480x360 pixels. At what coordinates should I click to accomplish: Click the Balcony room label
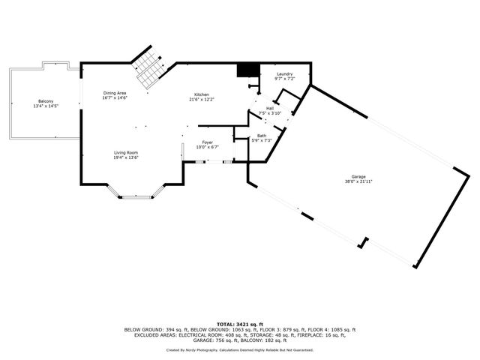(x=45, y=101)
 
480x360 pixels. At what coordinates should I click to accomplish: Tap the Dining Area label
(x=115, y=93)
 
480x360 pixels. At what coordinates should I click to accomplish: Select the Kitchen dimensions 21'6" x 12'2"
(x=202, y=99)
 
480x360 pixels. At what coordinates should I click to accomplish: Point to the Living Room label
(x=125, y=152)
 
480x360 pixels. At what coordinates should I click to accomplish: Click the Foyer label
(x=207, y=142)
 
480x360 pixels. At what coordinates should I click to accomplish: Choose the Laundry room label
(x=284, y=73)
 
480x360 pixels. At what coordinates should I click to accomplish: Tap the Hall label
(x=269, y=108)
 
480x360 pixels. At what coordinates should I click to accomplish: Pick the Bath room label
(x=261, y=135)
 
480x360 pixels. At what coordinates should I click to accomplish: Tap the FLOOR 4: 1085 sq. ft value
(x=331, y=329)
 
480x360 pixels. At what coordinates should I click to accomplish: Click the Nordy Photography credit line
(x=239, y=349)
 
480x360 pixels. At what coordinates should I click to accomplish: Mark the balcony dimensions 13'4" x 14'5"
(x=45, y=106)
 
